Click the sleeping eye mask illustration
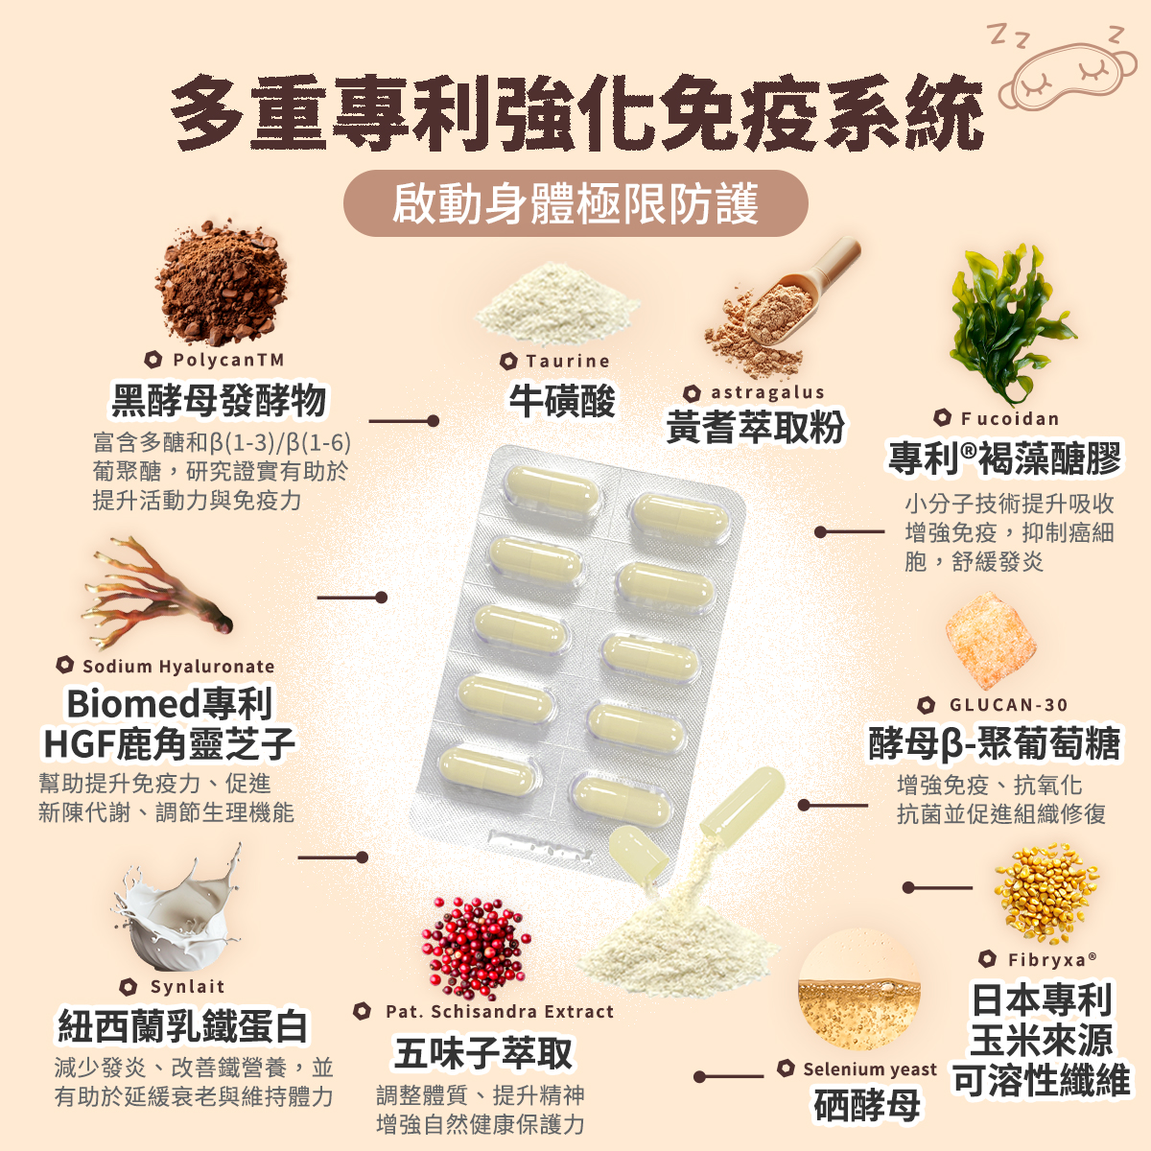point(1068,78)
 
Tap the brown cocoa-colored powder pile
point(221,283)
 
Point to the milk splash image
point(179,908)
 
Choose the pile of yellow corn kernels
point(1045,892)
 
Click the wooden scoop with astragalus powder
point(783,305)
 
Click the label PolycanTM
point(228,361)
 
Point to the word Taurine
point(568,361)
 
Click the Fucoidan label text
point(1009,419)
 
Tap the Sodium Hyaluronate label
point(178,666)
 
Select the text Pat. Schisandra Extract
point(500,1011)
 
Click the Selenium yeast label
point(870,1069)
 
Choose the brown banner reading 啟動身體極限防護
point(575,203)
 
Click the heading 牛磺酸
point(561,401)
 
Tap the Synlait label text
point(188,986)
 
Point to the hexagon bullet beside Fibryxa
point(987,958)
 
